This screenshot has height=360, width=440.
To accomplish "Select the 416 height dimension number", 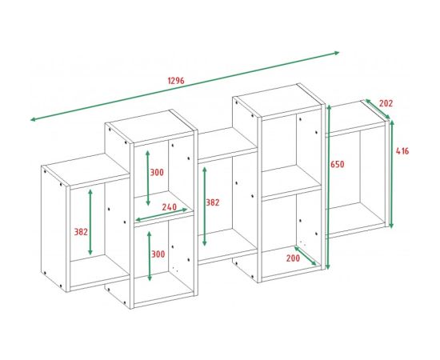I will (404, 152).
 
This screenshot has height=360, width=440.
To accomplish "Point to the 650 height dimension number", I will (339, 165).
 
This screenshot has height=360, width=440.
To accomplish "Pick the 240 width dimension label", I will (169, 206).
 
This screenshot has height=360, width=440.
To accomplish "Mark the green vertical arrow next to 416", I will (392, 172).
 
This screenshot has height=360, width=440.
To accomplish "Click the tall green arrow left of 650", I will (327, 188).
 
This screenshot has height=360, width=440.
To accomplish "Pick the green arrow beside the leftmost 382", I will (90, 222).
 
